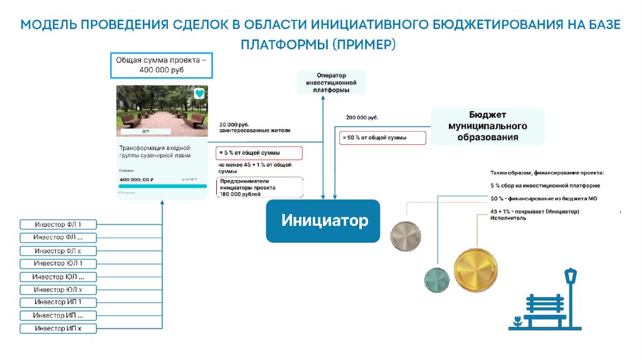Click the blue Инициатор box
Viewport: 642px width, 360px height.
323,221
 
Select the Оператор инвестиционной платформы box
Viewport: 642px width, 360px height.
331,83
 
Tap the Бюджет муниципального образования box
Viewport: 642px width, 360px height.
487,126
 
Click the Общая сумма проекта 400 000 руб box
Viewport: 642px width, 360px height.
162,65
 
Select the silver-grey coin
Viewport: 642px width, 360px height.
405,236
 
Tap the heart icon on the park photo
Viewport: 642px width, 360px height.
198,93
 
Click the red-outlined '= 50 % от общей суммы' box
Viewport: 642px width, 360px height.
383,137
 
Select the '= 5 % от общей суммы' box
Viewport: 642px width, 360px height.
259,153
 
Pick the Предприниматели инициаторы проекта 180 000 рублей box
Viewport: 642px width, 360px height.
260,188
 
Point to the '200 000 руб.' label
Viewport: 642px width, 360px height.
362,117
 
